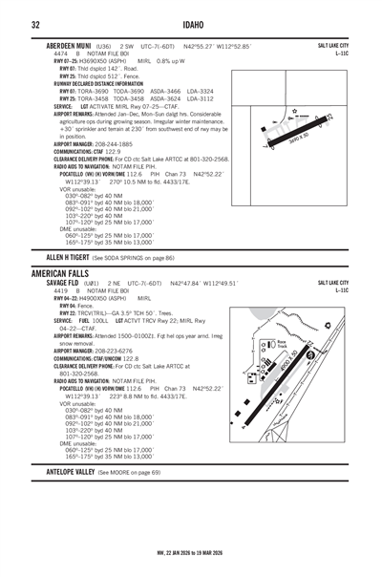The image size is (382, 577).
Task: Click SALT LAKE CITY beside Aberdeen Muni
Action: point(332,45)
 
